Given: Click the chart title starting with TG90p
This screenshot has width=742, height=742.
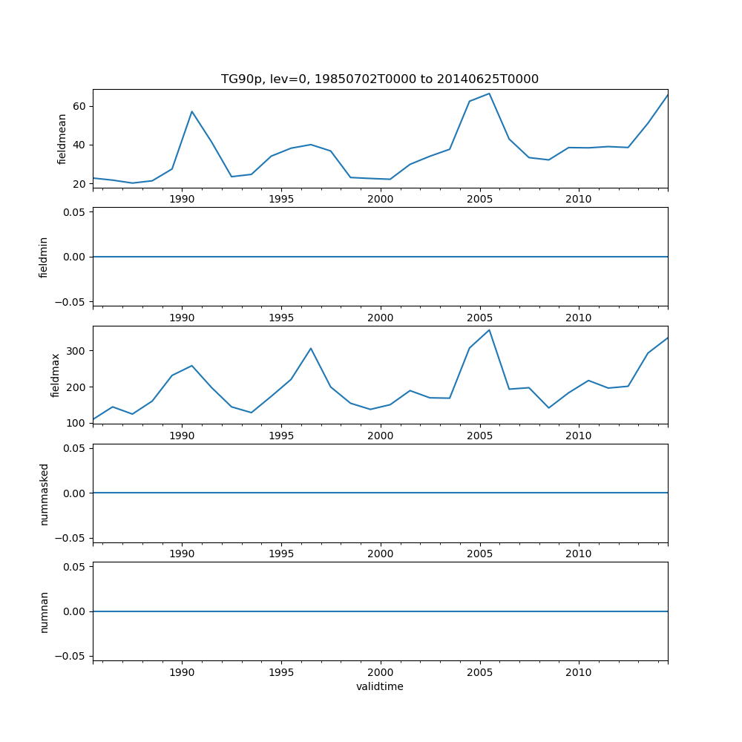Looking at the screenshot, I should pyautogui.click(x=380, y=79).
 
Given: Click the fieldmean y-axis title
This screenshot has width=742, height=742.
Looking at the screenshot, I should pyautogui.click(x=62, y=139).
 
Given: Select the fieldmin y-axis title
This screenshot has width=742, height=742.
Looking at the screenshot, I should pyautogui.click(x=44, y=257).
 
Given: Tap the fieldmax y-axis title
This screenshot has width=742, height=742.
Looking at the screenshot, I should pyautogui.click(x=56, y=375).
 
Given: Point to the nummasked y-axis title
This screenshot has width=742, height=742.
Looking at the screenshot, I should pyautogui.click(x=44, y=493).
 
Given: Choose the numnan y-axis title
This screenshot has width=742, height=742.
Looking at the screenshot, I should pyautogui.click(x=44, y=611).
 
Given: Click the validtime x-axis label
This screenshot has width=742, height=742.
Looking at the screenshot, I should pyautogui.click(x=380, y=687).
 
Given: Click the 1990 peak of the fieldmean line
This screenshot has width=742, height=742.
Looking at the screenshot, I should pyautogui.click(x=191, y=111).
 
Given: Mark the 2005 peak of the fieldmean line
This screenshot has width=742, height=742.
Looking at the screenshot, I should pyautogui.click(x=489, y=93).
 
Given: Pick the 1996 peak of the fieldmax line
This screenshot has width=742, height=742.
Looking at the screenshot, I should pyautogui.click(x=311, y=348).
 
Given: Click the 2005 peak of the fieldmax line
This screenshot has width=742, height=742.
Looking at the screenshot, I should pyautogui.click(x=489, y=329).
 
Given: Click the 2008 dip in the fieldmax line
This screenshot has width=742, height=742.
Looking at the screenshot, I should pyautogui.click(x=548, y=408).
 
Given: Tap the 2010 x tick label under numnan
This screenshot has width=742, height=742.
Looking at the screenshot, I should pyautogui.click(x=579, y=672).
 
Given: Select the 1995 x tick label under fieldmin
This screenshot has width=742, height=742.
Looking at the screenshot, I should pyautogui.click(x=281, y=318).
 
